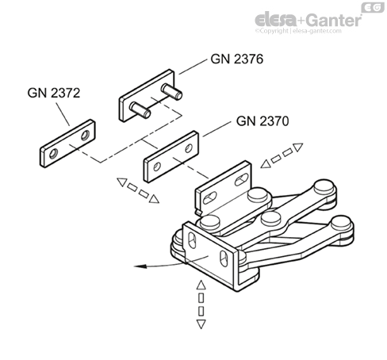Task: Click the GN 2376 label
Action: pyautogui.click(x=236, y=59)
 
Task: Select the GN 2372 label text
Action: pyautogui.click(x=53, y=91)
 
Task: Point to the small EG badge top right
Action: pyautogui.click(x=373, y=8)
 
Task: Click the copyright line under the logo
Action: pyautogui.click(x=308, y=33)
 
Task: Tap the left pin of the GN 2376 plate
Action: pyautogui.click(x=137, y=107)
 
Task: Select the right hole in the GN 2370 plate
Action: pyautogui.click(x=189, y=149)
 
